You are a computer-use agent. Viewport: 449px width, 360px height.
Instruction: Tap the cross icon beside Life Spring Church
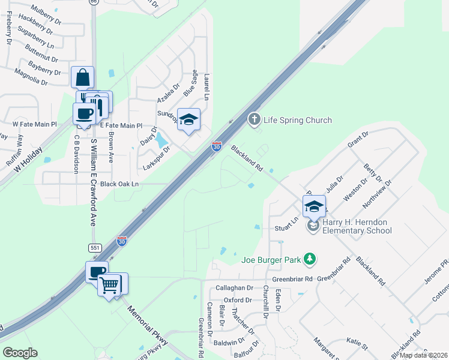255,119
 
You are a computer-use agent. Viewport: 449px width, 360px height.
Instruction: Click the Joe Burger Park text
270,260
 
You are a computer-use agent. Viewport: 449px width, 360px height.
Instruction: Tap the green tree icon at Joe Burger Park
309,259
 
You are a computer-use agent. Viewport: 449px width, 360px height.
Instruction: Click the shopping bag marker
82,78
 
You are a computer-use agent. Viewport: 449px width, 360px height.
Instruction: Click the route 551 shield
95,247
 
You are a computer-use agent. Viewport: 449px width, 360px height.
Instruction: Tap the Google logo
20,353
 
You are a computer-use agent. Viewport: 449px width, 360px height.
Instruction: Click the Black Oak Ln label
119,184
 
